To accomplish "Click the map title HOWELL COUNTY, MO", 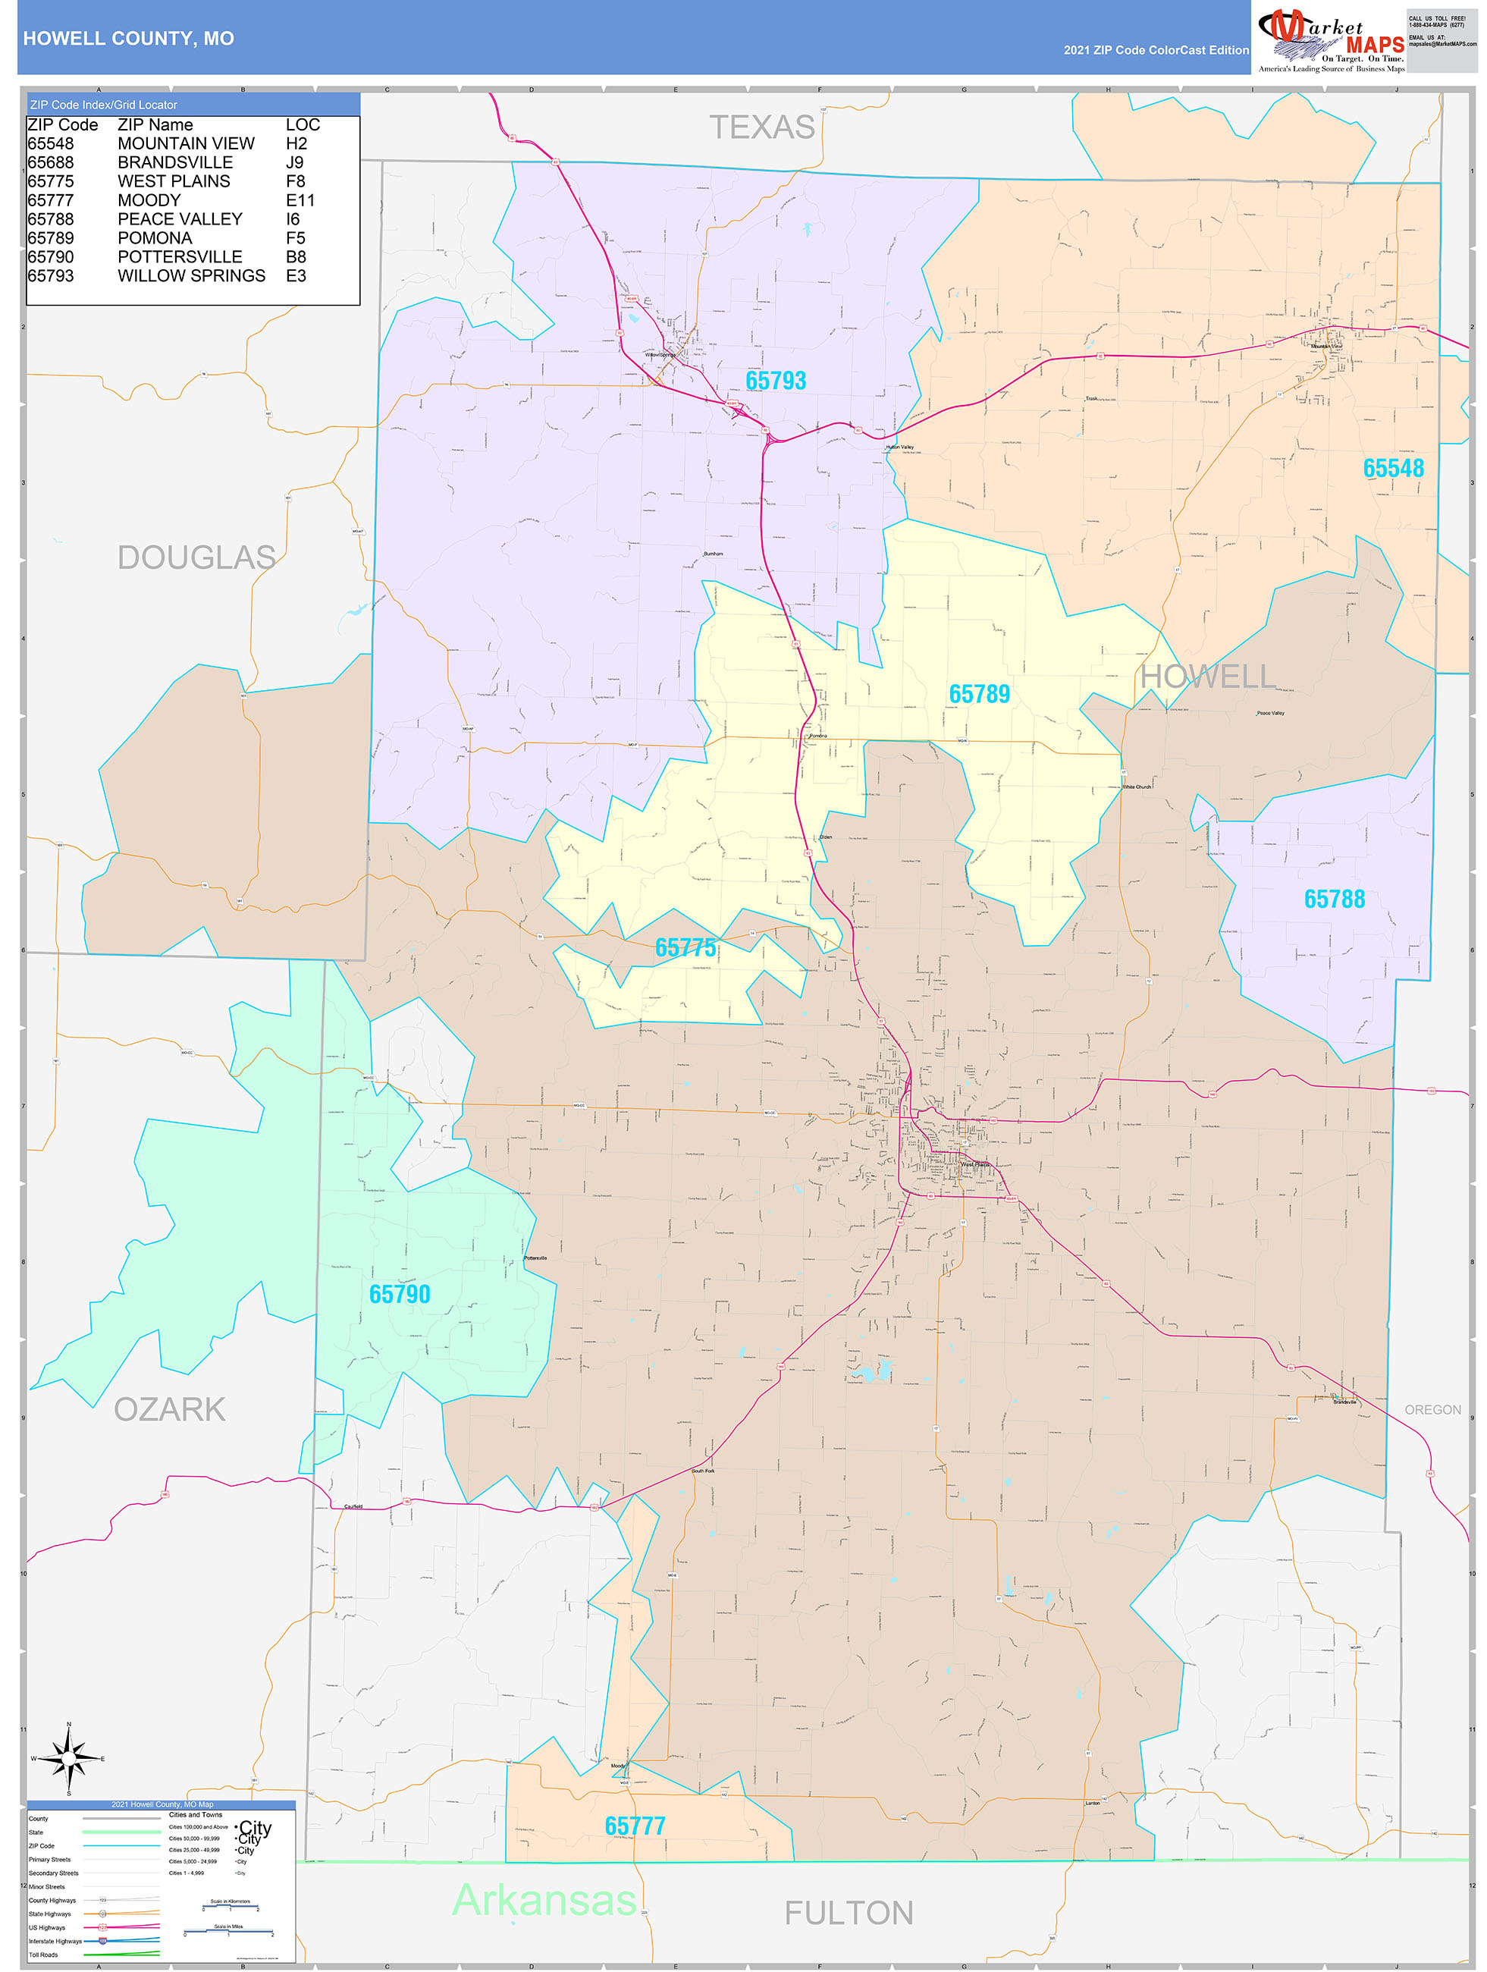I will pos(128,39).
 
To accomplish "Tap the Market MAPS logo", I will pos(1329,37).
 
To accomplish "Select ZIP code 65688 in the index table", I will pos(51,162).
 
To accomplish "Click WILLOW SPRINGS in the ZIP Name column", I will pos(191,275).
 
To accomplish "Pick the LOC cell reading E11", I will pos(300,200).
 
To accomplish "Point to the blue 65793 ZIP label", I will pos(775,381).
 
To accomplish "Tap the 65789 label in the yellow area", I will pos(978,693).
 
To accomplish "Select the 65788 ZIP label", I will pos(1333,899).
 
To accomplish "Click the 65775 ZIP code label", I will pos(685,947).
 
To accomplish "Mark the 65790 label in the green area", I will pos(400,1294).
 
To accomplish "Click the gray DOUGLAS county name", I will pos(196,557).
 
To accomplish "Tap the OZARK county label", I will pos(169,1408).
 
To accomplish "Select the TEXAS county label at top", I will pos(761,127).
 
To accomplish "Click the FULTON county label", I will pos(848,1913).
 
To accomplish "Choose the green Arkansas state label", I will pos(544,1899).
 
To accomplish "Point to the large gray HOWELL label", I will pos(1207,676).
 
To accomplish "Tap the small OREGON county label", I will pos(1432,1409).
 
